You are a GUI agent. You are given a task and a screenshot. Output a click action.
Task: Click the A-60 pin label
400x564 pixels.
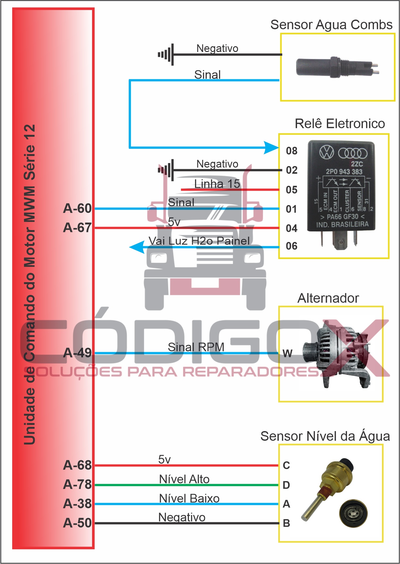[77, 209]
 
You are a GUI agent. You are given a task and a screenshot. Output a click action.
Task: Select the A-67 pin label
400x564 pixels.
[77, 228]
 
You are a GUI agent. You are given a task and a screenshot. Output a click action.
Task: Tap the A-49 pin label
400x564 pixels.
[77, 353]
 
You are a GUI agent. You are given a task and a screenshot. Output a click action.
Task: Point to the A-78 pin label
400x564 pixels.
[77, 484]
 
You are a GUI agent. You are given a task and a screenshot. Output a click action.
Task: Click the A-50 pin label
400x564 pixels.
[77, 523]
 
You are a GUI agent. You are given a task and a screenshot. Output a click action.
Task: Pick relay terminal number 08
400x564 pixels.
[292, 151]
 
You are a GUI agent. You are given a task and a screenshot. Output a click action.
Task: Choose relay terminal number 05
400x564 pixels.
[292, 190]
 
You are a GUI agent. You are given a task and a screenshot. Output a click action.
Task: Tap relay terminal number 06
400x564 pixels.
[292, 246]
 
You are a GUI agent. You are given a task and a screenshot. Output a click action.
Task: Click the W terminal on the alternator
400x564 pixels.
[287, 353]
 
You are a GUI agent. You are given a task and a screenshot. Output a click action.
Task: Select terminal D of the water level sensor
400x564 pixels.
[286, 485]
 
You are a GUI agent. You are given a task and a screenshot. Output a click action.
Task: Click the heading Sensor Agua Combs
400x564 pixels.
[331, 25]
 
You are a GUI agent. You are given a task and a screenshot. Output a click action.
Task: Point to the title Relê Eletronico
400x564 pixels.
[340, 124]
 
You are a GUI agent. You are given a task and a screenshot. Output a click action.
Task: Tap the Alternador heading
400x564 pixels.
[328, 298]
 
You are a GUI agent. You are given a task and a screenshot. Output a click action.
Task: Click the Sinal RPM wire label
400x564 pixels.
[196, 347]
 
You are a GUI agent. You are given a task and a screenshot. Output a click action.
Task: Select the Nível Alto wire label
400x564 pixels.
[184, 479]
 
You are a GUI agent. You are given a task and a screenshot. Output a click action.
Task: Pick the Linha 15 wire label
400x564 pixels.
[217, 184]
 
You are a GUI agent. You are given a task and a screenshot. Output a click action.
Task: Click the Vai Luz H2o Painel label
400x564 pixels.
[199, 241]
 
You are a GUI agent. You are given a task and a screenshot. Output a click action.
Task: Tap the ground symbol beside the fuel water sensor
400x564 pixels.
[166, 55]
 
